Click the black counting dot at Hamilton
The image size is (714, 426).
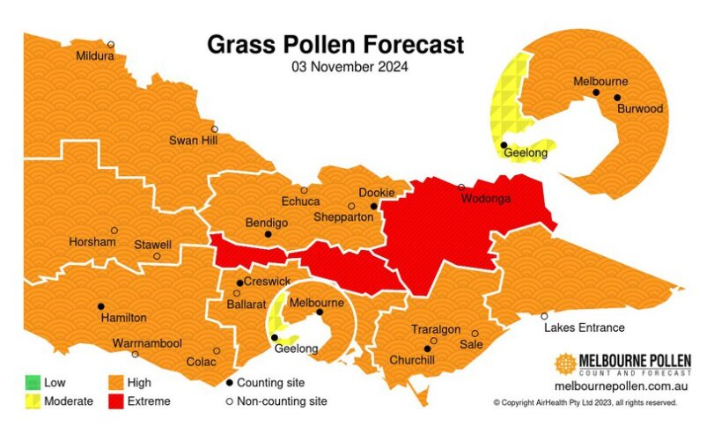(x=100, y=305)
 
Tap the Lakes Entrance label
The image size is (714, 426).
(x=584, y=327)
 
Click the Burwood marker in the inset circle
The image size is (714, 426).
(x=617, y=98)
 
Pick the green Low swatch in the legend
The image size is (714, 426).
(x=33, y=383)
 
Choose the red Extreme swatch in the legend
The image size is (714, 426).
(x=117, y=401)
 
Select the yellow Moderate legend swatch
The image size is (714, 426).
(x=33, y=401)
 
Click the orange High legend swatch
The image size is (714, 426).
(x=117, y=383)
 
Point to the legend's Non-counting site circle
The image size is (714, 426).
(x=230, y=401)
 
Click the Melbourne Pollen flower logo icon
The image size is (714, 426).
(x=566, y=364)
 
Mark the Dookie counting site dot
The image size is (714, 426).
(x=373, y=206)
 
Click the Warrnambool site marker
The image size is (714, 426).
(x=135, y=355)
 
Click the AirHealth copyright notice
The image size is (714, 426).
(x=585, y=402)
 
